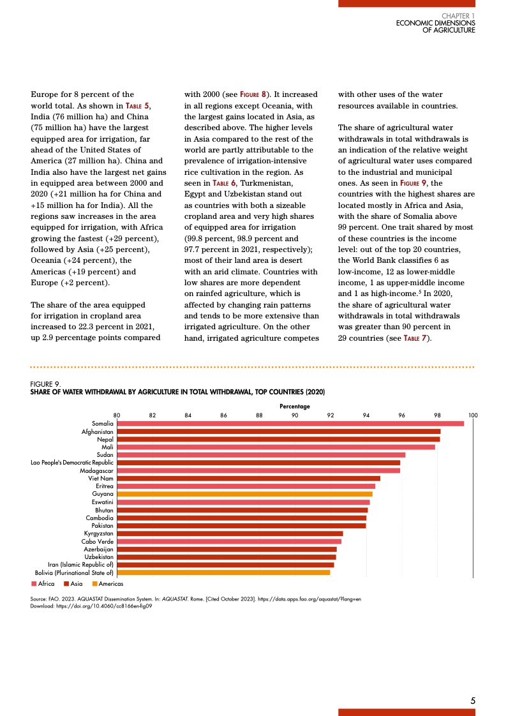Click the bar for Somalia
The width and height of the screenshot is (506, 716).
pos(290,424)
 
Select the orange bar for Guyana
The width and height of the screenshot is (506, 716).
pos(244,494)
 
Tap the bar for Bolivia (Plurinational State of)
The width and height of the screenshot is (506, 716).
pos(223,572)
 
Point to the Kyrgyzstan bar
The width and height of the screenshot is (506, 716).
pos(230,533)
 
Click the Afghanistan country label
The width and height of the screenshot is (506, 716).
pos(98,432)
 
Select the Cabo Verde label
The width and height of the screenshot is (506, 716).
pos(98,541)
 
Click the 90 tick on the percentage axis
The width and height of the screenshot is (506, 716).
pos(295,415)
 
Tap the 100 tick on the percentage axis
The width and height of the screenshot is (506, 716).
pos(473,415)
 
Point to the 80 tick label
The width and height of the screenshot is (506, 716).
pos(117,415)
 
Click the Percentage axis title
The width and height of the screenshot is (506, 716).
pos(295,406)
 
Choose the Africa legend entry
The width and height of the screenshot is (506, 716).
pos(43,584)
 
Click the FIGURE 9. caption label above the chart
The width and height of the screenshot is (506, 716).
pos(45,384)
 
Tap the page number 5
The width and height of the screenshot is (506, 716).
pos(473,701)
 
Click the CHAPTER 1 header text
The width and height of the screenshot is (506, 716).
pos(458,15)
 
